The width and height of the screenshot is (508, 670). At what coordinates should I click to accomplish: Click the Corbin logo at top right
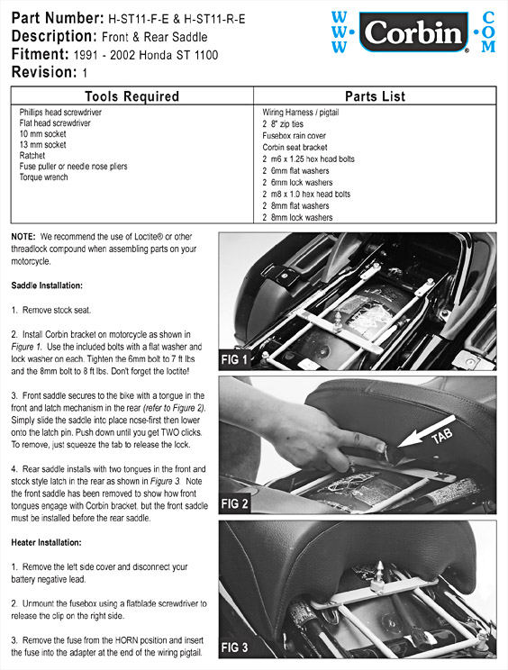[413, 32]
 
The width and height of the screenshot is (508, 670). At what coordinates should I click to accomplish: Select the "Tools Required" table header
[132, 96]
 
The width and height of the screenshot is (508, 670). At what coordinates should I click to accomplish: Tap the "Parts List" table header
[375, 96]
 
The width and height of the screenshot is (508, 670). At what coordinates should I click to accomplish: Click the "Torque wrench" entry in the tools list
[43, 177]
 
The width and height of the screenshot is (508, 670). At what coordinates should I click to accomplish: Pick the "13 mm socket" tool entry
[42, 144]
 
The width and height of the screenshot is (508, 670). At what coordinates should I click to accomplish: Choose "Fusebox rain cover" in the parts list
[294, 136]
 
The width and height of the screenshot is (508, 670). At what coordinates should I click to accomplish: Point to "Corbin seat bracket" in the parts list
[295, 148]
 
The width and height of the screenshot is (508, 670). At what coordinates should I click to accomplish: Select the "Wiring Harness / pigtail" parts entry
[300, 113]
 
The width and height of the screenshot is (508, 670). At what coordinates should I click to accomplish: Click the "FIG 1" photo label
[234, 360]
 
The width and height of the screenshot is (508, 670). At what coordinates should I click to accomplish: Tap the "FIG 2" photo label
[234, 503]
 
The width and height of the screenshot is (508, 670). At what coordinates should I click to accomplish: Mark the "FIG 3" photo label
[234, 647]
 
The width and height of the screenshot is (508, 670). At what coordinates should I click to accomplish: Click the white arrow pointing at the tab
[427, 431]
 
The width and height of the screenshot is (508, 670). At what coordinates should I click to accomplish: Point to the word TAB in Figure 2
[441, 436]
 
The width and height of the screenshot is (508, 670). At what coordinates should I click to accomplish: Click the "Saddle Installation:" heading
[47, 285]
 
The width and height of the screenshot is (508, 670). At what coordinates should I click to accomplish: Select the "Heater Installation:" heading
[46, 543]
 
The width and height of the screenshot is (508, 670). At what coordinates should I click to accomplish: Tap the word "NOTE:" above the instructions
[23, 237]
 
